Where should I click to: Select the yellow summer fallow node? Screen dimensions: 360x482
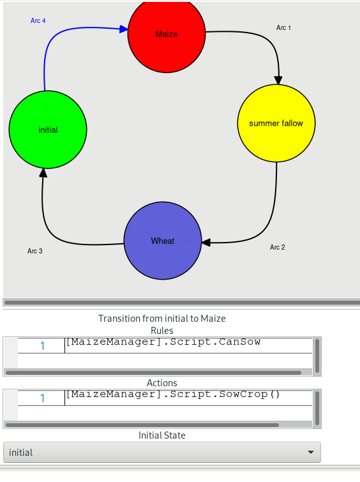click(x=276, y=123)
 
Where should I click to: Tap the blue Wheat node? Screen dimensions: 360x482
click(x=163, y=241)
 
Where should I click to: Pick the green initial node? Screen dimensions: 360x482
click(x=48, y=130)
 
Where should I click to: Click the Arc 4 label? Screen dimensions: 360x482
click(x=38, y=20)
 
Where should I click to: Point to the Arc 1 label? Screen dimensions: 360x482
click(x=283, y=27)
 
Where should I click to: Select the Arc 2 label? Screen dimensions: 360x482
click(x=277, y=247)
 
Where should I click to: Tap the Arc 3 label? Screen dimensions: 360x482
click(x=34, y=251)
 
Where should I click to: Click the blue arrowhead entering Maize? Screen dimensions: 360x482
click(x=124, y=29)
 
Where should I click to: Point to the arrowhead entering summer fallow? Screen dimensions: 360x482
click(x=278, y=80)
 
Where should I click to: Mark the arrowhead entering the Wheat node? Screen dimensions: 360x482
click(x=206, y=242)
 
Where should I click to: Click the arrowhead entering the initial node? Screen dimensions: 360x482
click(x=43, y=173)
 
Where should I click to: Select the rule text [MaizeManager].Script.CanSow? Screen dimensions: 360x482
click(x=163, y=342)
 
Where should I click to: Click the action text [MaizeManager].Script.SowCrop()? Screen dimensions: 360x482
click(x=173, y=394)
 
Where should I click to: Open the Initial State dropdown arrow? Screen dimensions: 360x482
click(x=311, y=452)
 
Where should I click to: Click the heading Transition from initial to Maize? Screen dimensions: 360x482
click(x=162, y=319)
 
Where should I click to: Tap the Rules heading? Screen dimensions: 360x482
click(x=162, y=331)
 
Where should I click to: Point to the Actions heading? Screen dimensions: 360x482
click(x=162, y=382)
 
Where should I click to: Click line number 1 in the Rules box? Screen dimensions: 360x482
click(x=42, y=346)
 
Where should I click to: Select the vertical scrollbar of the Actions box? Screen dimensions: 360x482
click(x=317, y=408)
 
